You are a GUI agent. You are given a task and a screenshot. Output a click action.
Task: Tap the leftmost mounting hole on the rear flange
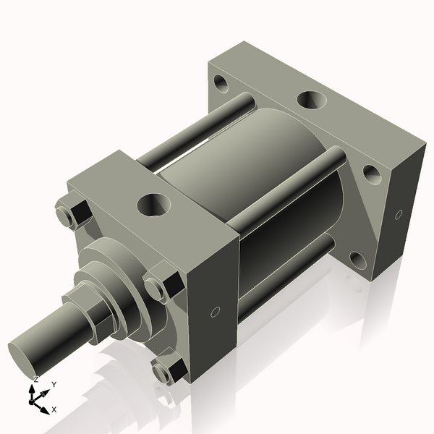click(x=221, y=83)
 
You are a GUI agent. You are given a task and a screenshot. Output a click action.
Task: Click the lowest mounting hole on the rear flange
click(x=356, y=259)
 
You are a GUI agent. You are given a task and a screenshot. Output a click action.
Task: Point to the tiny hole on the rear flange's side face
click(x=399, y=214)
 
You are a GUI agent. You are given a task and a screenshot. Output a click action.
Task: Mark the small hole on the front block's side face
click(x=214, y=312)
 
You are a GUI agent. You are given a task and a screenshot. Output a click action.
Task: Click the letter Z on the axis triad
click(x=36, y=379)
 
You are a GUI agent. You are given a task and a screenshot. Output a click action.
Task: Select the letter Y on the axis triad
click(x=54, y=386)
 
